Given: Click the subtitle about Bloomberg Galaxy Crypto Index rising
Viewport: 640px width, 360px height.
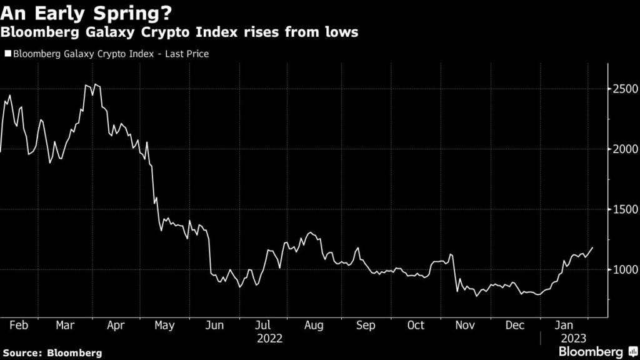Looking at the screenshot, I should (x=179, y=32).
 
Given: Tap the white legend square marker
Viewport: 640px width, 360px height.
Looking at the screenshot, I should (x=7, y=54).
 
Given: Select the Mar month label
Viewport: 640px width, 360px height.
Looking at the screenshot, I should (x=65, y=326).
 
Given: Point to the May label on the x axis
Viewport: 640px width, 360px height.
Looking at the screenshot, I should (x=164, y=326).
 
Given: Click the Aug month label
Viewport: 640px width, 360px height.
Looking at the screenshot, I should (x=314, y=326).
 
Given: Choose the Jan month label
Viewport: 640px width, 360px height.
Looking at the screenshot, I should (x=564, y=326).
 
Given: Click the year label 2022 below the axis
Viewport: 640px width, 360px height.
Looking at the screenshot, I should (x=270, y=338).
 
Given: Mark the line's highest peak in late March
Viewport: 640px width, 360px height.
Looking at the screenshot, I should (x=86, y=84).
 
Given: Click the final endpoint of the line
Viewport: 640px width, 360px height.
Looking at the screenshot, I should (x=593, y=247).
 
